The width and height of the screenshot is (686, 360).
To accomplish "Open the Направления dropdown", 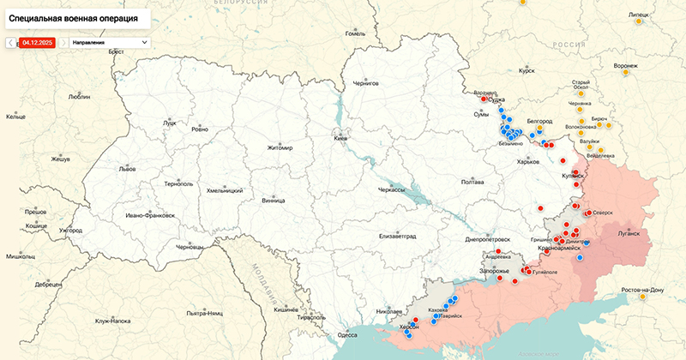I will click(x=109, y=42).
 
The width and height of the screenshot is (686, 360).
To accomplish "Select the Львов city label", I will click(x=127, y=169).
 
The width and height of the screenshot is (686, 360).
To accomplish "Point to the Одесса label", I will click(x=347, y=335).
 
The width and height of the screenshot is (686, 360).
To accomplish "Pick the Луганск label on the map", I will click(x=627, y=232).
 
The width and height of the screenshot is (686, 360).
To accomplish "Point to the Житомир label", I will click(x=280, y=147).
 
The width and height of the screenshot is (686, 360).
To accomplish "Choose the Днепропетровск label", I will click(x=488, y=239).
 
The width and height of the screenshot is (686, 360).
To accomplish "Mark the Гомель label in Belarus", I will click(x=354, y=33).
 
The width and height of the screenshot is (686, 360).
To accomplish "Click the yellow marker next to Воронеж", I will click(x=625, y=73).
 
